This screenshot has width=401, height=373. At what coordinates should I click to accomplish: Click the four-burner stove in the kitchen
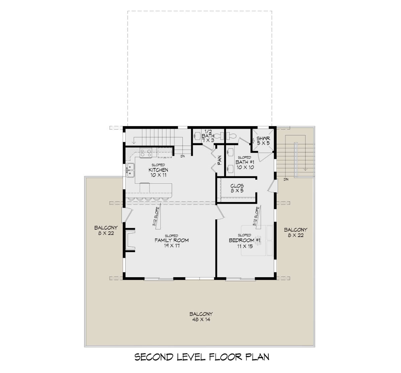pyautogui.click(x=146, y=153)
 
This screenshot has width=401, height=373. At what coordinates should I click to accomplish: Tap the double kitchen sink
pyautogui.click(x=130, y=170)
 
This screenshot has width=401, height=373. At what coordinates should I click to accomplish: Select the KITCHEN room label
pyautogui.click(x=158, y=170)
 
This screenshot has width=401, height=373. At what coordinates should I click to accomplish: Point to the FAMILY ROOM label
pyautogui.click(x=172, y=240)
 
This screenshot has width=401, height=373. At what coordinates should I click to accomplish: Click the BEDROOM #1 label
pyautogui.click(x=245, y=240)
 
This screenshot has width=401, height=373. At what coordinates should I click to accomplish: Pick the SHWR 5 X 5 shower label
pyautogui.click(x=263, y=141)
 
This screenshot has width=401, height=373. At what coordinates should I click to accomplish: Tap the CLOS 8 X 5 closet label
pyautogui.click(x=237, y=188)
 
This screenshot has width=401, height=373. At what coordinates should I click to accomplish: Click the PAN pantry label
pyautogui.click(x=220, y=160)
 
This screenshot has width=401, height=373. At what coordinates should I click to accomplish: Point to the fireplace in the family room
pyautogui.click(x=130, y=240)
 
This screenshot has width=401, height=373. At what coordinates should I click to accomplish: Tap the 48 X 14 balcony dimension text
pyautogui.click(x=201, y=320)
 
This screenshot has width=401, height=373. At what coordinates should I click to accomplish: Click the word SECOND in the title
pyautogui.click(x=154, y=357)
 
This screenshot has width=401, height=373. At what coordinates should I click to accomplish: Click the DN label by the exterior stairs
pyautogui.click(x=286, y=179)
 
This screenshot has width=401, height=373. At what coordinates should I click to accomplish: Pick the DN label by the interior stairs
pyautogui.click(x=182, y=156)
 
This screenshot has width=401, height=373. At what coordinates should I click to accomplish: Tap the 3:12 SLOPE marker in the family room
pyautogui.click(x=157, y=218)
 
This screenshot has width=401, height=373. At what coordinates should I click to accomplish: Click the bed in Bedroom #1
pyautogui.click(x=257, y=240)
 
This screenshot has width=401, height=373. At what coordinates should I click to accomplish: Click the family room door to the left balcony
pyautogui.click(x=127, y=215)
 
